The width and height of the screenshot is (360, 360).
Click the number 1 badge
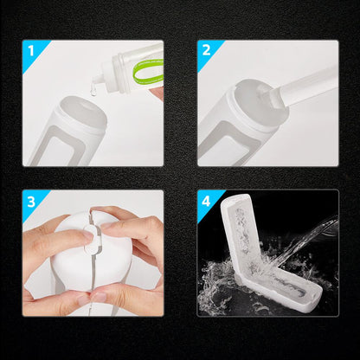click(x=31, y=50)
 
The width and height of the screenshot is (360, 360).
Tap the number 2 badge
click(x=207, y=50)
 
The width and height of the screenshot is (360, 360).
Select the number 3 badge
click(x=31, y=201)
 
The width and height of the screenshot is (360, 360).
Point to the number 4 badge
click(x=207, y=201)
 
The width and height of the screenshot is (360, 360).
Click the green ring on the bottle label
click(x=146, y=72)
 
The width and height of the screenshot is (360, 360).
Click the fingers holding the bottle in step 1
click(x=157, y=91)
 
